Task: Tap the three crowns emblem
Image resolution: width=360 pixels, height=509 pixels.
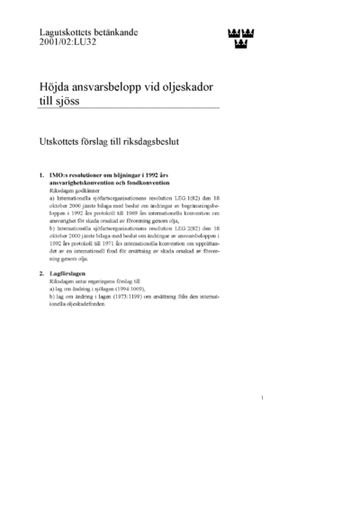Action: (x=238, y=38)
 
